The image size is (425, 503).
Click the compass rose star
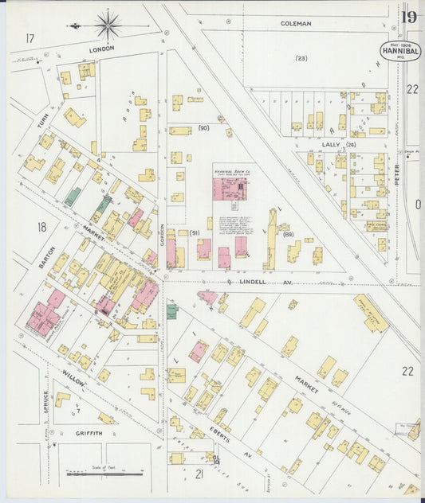108,25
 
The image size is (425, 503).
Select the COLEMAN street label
296,24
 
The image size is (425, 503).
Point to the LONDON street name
101,49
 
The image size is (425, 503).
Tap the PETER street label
398,175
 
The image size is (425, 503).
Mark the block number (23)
301,58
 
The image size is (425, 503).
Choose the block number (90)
203,127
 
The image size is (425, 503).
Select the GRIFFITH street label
89,433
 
